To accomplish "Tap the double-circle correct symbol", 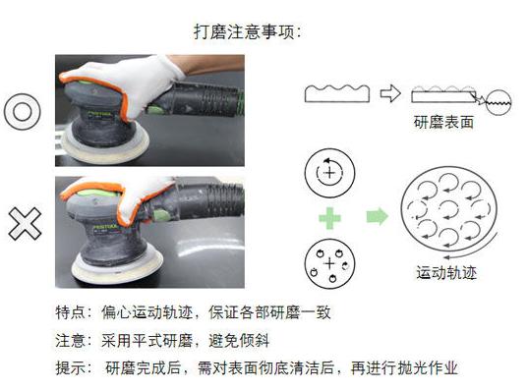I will click(21, 111).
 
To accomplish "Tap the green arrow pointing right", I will click(376, 215).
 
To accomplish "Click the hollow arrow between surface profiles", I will click(390, 94).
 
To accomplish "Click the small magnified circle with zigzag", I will click(497, 100).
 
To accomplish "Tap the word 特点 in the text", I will click(72, 314).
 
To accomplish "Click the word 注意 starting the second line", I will click(72, 341).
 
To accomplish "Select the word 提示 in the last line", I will click(72, 367).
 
